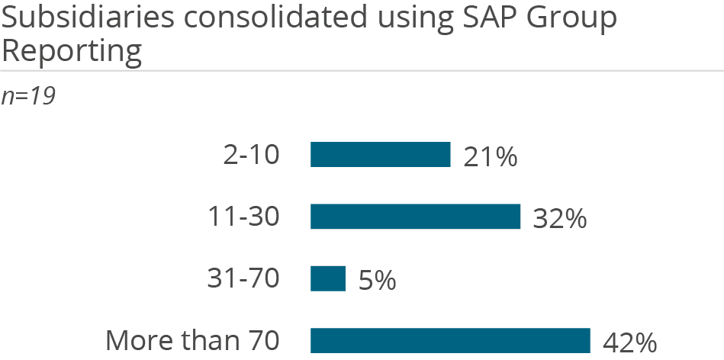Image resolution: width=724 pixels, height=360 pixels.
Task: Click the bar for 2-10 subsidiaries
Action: click(380, 154)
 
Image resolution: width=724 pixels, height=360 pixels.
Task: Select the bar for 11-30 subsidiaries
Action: click(415, 217)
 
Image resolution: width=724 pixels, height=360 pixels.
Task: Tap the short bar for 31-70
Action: click(327, 278)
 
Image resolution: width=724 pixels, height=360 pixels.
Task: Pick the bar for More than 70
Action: click(450, 340)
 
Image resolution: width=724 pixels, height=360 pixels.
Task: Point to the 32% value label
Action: click(559, 219)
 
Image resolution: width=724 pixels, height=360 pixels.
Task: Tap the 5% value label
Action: click(376, 281)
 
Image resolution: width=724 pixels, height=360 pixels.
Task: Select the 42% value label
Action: click(629, 342)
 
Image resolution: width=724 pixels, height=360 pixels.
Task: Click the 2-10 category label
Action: click(252, 155)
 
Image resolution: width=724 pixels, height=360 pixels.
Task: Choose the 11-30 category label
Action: click(244, 217)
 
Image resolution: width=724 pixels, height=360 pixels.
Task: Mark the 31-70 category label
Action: click(243, 279)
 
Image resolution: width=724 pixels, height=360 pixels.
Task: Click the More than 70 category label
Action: click(192, 341)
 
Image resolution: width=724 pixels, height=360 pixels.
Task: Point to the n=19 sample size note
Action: click(28, 97)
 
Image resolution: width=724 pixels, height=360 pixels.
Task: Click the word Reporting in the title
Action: click(72, 52)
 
